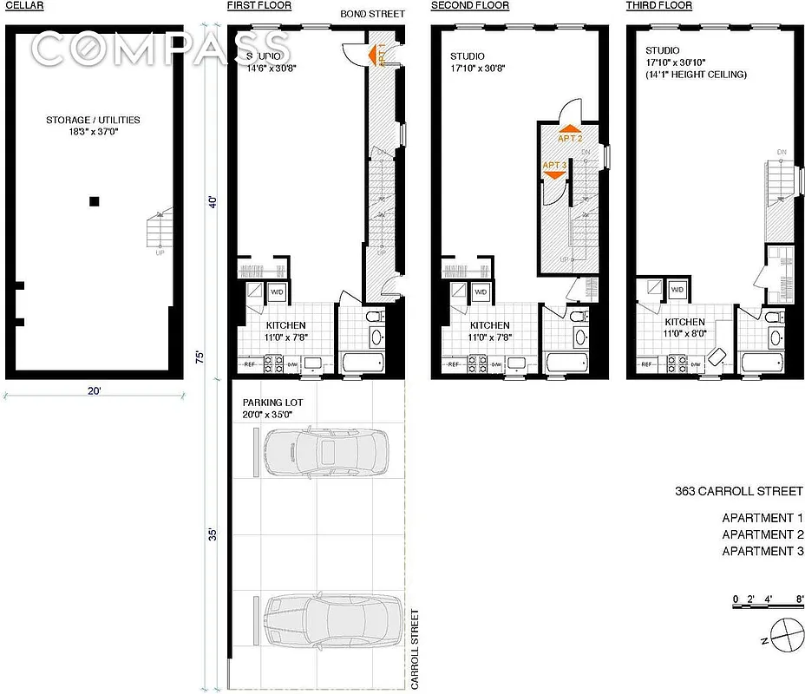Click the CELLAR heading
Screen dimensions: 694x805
click(x=23, y=6)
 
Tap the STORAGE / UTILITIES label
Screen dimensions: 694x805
click(x=93, y=121)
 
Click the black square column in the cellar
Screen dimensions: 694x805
click(x=95, y=202)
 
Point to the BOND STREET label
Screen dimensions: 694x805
click(x=373, y=14)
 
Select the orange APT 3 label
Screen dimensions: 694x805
click(x=555, y=165)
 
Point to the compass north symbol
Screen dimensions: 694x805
click(x=784, y=634)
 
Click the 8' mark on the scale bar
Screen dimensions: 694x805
click(x=799, y=599)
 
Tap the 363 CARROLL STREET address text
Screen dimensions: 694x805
click(x=740, y=491)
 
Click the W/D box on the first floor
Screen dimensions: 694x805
click(x=278, y=291)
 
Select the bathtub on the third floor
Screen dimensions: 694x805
click(x=764, y=362)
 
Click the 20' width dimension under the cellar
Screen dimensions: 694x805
click(x=94, y=391)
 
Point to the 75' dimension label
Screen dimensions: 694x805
click(x=200, y=357)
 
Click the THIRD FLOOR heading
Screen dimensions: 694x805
click(x=659, y=6)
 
